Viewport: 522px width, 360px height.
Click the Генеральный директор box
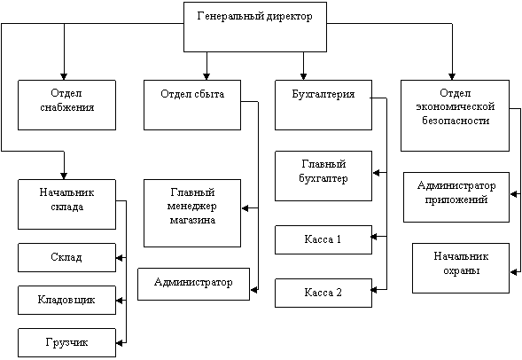coord(255,27)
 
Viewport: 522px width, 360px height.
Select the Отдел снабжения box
coord(67,105)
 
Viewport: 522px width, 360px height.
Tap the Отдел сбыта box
coord(192,105)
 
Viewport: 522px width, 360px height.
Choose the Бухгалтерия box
coord(323,105)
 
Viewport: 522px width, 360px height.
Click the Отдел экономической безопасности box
coord(455,115)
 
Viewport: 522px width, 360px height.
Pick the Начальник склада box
coord(67,205)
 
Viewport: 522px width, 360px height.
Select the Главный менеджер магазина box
coord(192,213)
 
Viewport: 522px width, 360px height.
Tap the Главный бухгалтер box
coord(323,176)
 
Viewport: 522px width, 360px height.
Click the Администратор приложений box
coord(456,197)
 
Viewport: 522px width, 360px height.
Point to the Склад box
coord(67,257)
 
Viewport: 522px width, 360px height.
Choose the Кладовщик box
coord(67,300)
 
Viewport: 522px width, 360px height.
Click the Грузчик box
coord(67,342)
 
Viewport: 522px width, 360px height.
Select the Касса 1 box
coord(323,239)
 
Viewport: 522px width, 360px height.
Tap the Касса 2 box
coord(323,293)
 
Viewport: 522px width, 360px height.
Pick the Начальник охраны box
coord(461,268)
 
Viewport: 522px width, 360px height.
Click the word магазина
coord(192,220)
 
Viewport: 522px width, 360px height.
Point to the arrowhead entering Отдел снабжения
coord(64,76)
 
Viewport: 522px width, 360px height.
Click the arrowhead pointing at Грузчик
coord(120,342)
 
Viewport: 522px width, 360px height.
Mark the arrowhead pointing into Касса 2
coord(374,290)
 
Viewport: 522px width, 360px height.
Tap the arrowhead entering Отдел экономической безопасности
coord(452,76)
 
